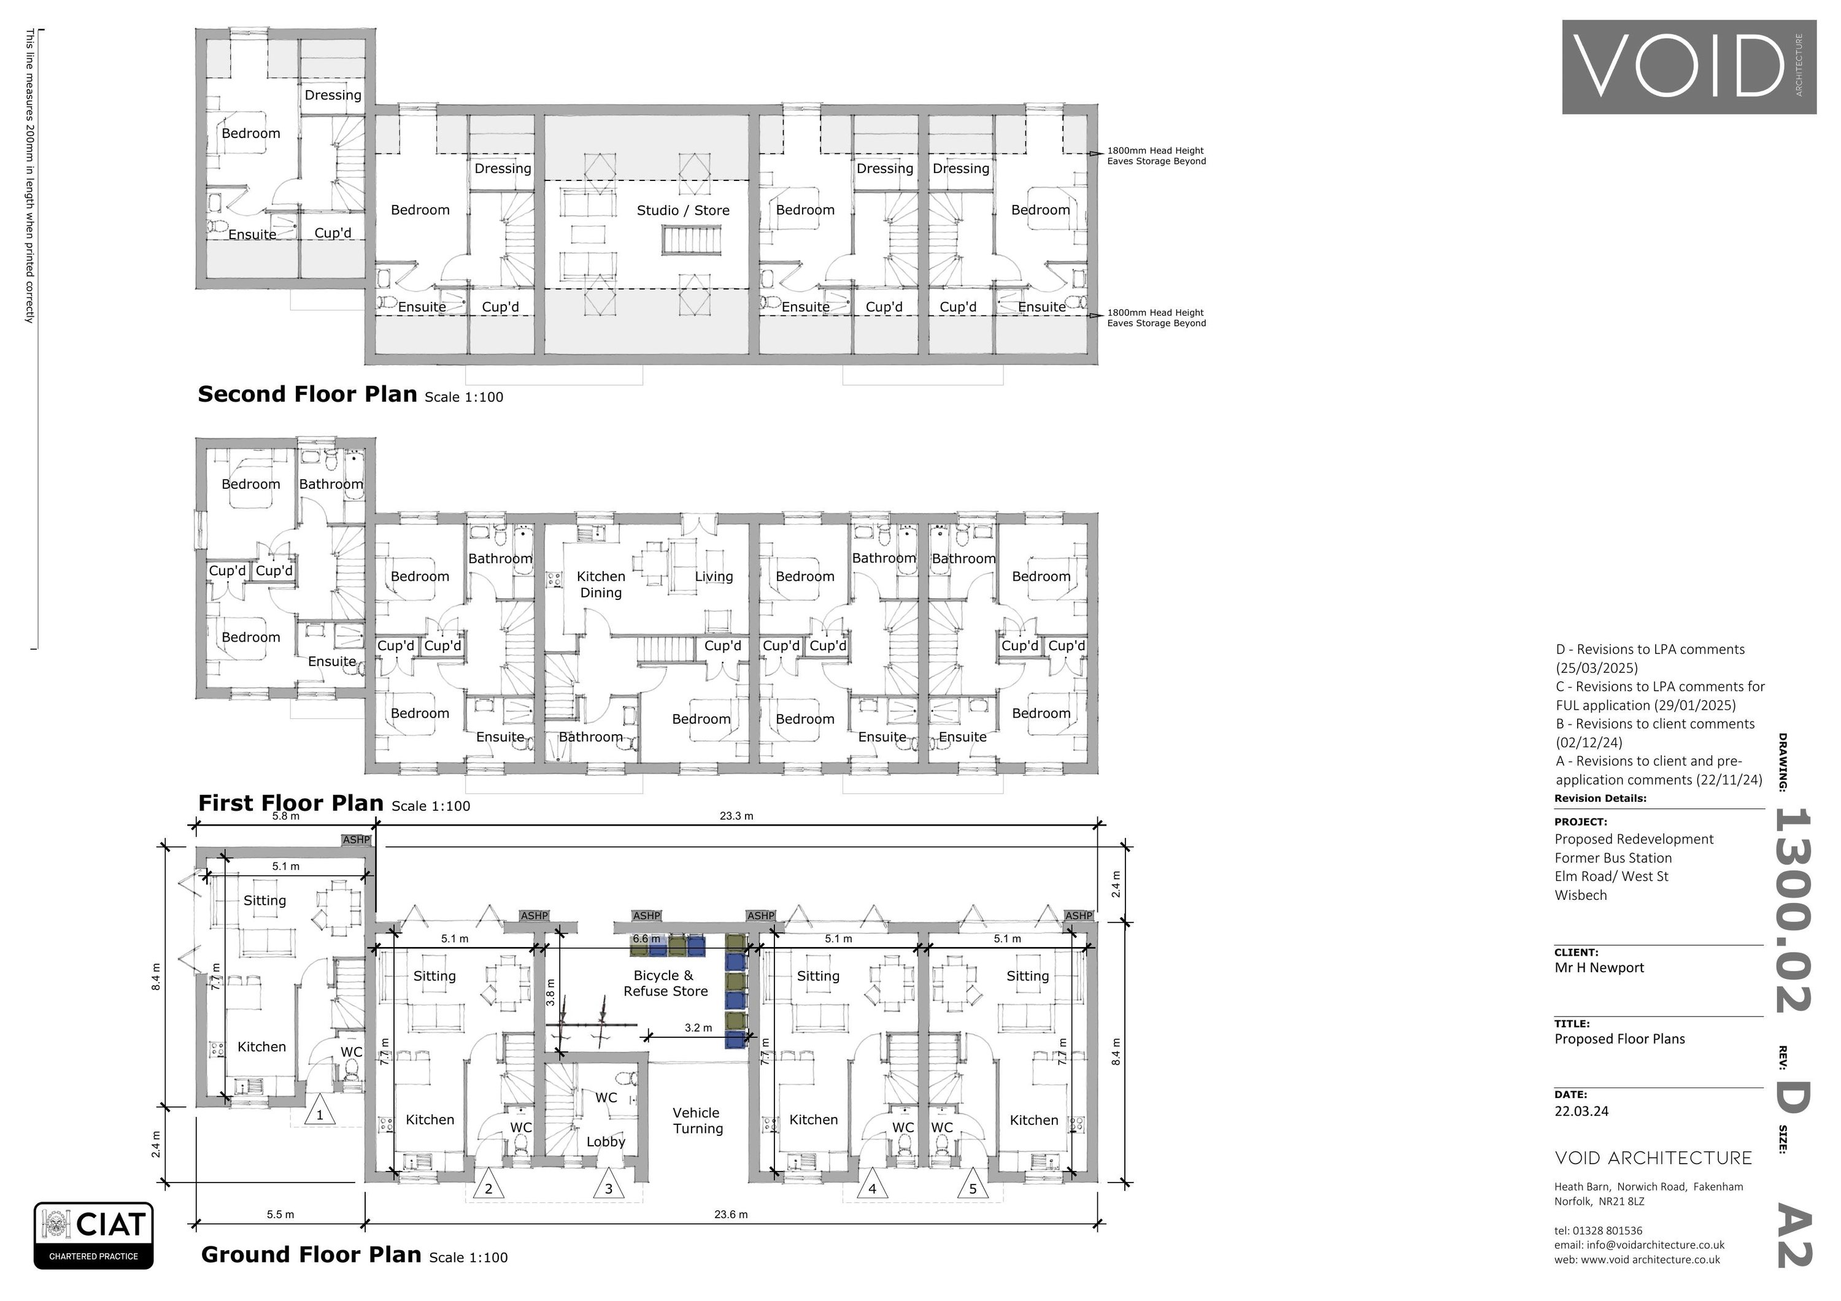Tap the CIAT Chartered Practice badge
[x=94, y=1235]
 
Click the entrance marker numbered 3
[x=609, y=1187]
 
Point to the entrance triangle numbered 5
[x=973, y=1187]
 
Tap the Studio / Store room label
[x=683, y=210]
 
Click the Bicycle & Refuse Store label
[x=665, y=983]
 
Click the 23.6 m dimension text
[x=730, y=1215]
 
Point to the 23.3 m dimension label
[x=736, y=816]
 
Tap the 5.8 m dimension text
[x=285, y=816]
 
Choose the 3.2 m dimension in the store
[x=698, y=1027]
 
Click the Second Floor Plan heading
[x=307, y=394]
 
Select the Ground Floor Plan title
[x=311, y=1254]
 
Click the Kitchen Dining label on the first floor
[x=601, y=585]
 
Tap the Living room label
[x=714, y=577]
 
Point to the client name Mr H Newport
[x=1599, y=967]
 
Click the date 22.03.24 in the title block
[x=1581, y=1111]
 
